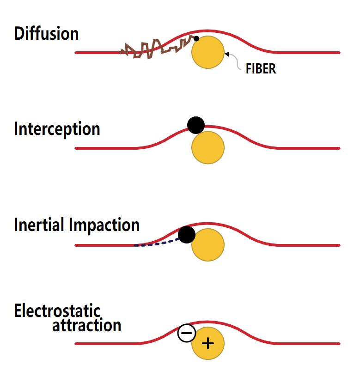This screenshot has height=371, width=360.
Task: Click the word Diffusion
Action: tap(46, 34)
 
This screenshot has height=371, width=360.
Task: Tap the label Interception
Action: tap(57, 129)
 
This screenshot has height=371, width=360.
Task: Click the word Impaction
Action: tap(104, 225)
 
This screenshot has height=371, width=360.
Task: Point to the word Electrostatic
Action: tap(57, 311)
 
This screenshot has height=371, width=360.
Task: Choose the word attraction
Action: tap(86, 326)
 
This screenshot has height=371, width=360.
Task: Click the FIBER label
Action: tap(261, 69)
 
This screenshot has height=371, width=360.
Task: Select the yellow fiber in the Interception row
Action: tap(208, 147)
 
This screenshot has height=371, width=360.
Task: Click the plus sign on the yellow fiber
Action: tap(208, 343)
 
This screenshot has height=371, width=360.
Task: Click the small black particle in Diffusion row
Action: tap(196, 38)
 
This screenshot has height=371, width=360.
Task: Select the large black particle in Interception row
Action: tap(196, 124)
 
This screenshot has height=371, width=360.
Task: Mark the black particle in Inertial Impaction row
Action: tap(187, 235)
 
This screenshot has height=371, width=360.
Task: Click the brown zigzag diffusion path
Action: tap(153, 48)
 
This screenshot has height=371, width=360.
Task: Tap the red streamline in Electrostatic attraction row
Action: tap(287, 344)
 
